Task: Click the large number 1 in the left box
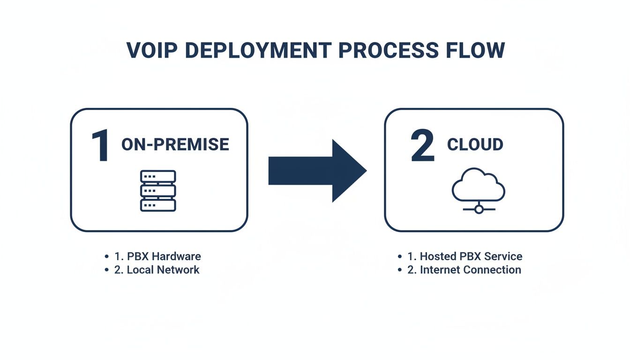[x=100, y=146]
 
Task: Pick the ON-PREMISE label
[x=175, y=144]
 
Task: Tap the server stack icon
[x=158, y=190]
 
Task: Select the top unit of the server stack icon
[x=158, y=176]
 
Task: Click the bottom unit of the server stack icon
[x=158, y=205]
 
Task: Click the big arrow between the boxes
[x=317, y=171]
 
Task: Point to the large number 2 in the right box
[x=422, y=146]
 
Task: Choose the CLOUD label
[x=475, y=144]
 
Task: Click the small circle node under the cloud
[x=479, y=210]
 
